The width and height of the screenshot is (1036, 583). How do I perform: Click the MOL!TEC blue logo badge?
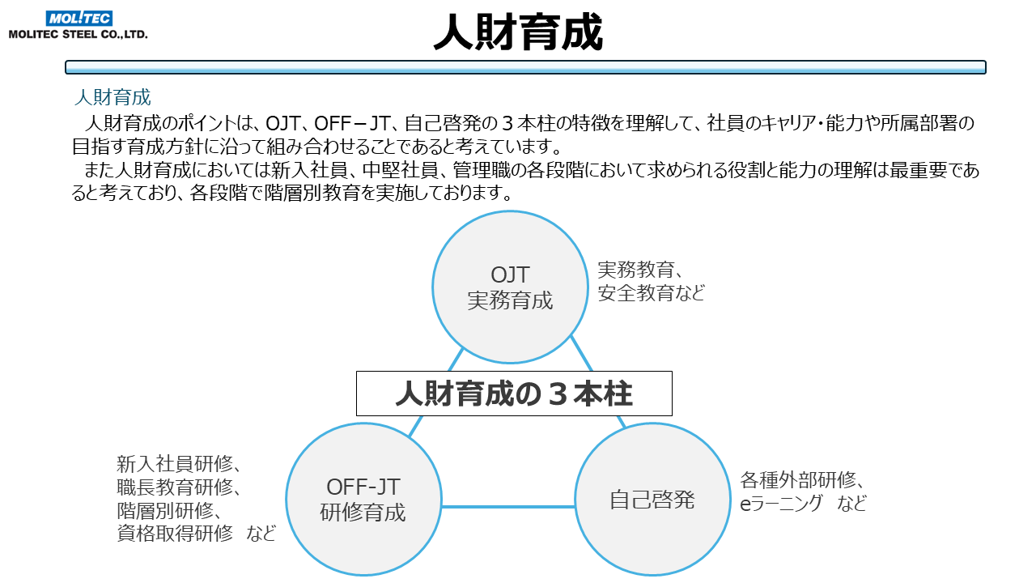click(x=79, y=19)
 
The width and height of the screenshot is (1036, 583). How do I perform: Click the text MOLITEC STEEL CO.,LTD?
click(x=79, y=34)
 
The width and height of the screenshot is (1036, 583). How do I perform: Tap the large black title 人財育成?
click(x=518, y=32)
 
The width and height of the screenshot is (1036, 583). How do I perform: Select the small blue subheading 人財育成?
click(x=113, y=97)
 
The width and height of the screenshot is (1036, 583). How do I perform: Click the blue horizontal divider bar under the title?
click(x=525, y=67)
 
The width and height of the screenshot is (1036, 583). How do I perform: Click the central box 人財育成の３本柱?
click(x=514, y=394)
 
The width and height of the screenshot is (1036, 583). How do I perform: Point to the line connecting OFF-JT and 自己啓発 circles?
click(x=507, y=507)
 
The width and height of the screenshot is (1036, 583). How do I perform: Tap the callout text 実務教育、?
click(x=640, y=270)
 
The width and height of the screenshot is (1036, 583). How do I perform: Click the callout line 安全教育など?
click(x=652, y=293)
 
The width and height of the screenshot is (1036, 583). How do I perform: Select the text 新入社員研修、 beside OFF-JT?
click(x=179, y=464)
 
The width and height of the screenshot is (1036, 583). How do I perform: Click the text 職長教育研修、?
click(x=179, y=487)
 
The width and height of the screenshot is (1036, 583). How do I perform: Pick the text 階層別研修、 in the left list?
click(x=169, y=510)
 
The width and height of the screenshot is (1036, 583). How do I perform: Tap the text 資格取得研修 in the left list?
click(x=175, y=534)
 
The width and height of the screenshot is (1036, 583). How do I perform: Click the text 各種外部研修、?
click(x=802, y=480)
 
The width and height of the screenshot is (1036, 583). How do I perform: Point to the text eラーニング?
click(x=782, y=504)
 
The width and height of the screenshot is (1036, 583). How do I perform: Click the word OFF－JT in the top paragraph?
click(x=352, y=123)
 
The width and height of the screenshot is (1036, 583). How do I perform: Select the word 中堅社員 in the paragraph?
click(x=400, y=170)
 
